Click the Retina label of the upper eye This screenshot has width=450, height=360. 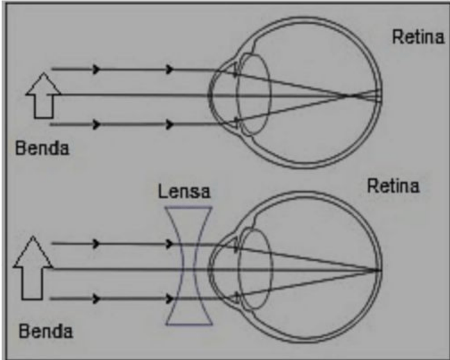(x=418, y=37)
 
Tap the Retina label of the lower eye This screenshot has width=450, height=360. (x=393, y=186)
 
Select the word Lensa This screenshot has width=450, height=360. (x=184, y=192)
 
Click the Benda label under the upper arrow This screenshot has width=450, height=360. (x=42, y=149)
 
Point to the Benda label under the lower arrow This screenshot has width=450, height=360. (x=45, y=331)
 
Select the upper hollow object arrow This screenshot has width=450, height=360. (x=44, y=95)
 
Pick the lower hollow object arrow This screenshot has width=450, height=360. (x=33, y=268)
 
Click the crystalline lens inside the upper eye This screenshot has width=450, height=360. (x=253, y=94)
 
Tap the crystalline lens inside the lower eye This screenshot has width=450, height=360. (x=254, y=269)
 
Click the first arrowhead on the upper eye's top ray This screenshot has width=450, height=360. (x=97, y=69)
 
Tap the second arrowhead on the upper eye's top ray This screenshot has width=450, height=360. (x=170, y=69)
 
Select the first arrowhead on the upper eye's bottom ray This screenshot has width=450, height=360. (x=97, y=124)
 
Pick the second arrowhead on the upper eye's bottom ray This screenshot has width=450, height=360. (x=170, y=124)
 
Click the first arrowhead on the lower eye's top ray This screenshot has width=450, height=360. (x=97, y=243)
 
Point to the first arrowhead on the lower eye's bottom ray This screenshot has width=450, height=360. (x=97, y=299)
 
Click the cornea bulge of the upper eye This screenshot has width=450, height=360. (x=211, y=95)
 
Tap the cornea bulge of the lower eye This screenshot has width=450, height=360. (x=211, y=270)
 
